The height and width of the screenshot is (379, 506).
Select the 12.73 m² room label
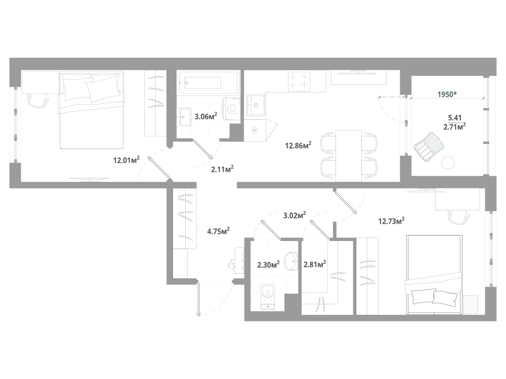pyautogui.click(x=391, y=220)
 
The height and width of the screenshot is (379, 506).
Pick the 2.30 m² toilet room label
pyautogui.click(x=268, y=264)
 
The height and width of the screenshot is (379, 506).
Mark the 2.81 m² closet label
pyautogui.click(x=314, y=264)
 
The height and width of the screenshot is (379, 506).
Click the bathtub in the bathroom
pyautogui.click(x=207, y=83)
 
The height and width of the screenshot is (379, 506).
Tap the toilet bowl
pyautogui.click(x=267, y=296)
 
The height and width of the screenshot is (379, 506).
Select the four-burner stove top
pyautogui.click(x=299, y=81)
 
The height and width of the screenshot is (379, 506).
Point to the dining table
pyautogui.click(x=349, y=155)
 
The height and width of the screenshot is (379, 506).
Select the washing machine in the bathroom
pyautogui.click(x=233, y=110)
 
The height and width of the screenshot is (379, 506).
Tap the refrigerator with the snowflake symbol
pyautogui.click(x=254, y=130)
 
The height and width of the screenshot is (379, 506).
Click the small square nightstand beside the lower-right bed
pyautogui.click(x=471, y=304)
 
